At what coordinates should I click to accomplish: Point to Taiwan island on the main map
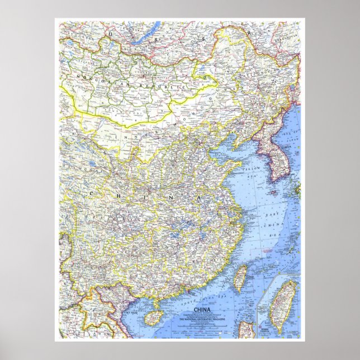click(240, 278)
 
